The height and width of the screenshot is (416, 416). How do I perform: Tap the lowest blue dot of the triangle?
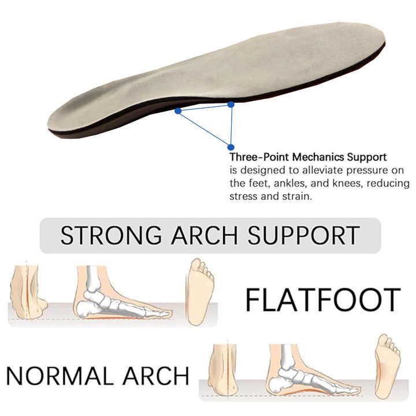tap(231, 147)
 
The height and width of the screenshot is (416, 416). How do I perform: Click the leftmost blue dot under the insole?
tap(178, 110)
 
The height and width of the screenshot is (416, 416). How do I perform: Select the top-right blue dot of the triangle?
tap(231, 104)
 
